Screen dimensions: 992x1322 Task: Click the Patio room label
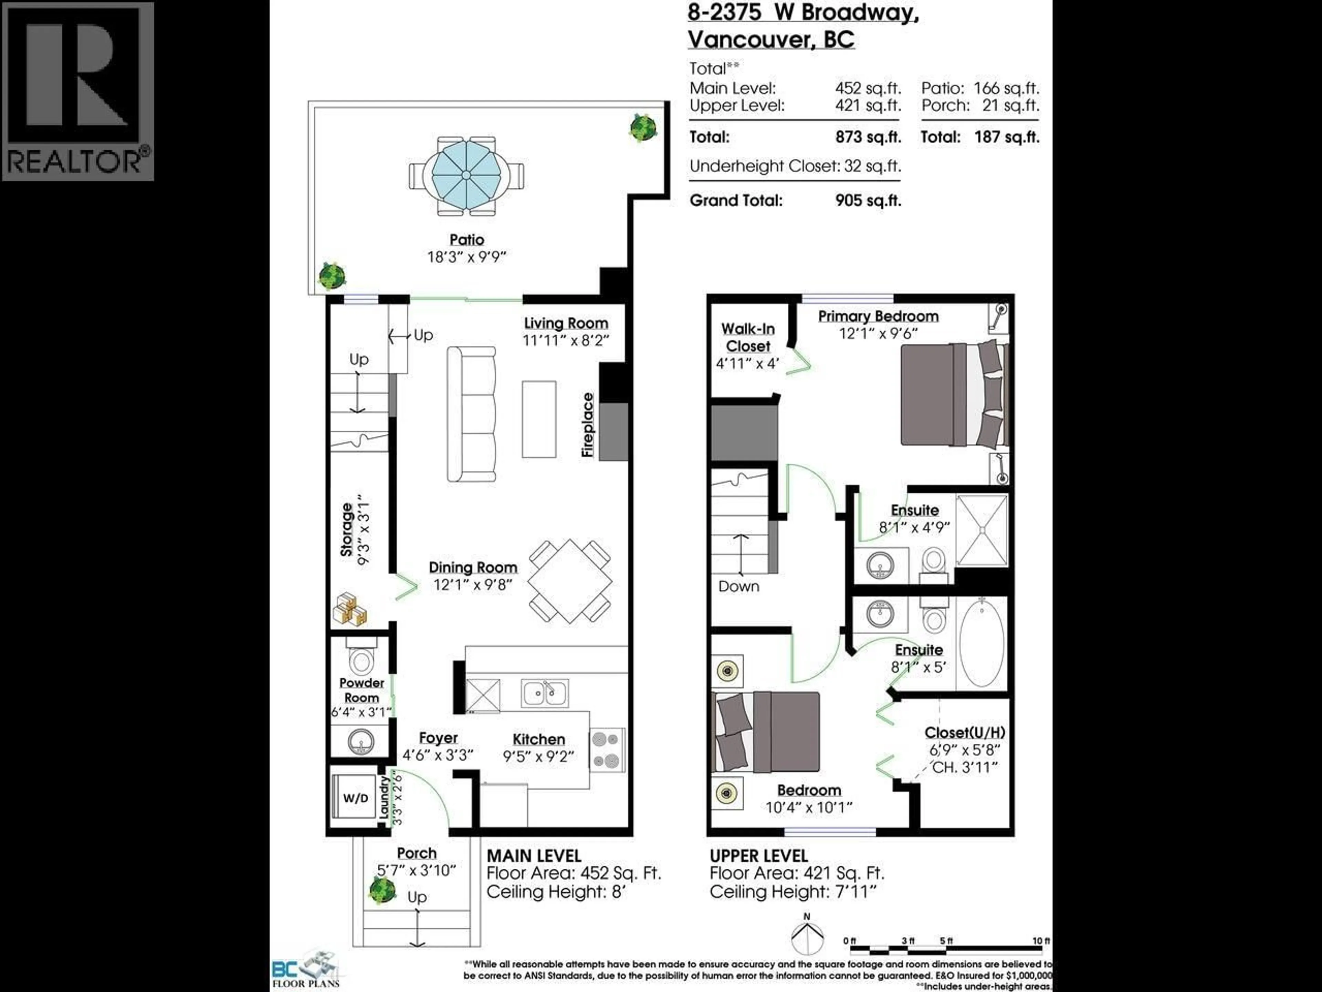467,240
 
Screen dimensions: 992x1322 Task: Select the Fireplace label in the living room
588,425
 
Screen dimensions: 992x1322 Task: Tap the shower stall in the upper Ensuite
981,530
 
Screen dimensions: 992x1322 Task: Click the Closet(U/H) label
965,733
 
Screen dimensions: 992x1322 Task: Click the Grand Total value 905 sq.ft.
868,201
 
